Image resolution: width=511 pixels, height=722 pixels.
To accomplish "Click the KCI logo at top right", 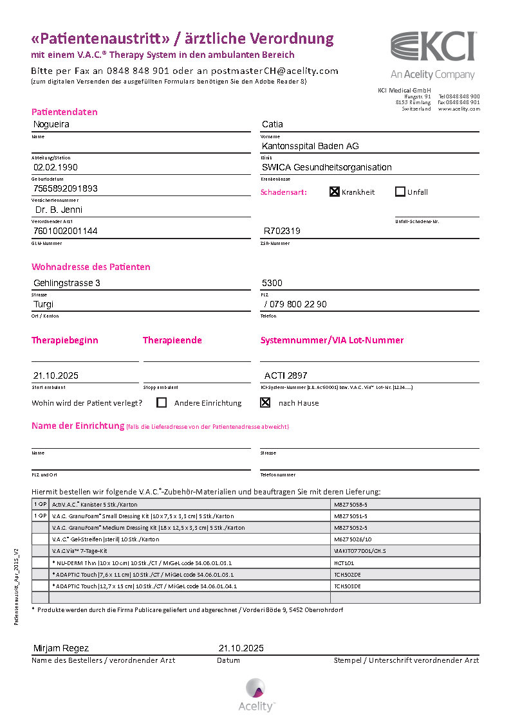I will click(433, 47).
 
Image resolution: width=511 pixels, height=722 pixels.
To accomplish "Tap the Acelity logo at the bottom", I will click(256, 695).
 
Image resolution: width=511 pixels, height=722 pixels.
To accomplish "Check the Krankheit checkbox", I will click(335, 192).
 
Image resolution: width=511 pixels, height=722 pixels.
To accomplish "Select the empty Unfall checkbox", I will click(400, 192).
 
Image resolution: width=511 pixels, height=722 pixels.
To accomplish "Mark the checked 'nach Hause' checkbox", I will click(265, 403).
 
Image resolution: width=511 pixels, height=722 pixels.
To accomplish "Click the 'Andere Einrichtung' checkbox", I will click(162, 403).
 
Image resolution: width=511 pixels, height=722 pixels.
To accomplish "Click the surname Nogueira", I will click(51, 124).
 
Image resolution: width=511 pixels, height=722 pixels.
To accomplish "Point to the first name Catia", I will click(272, 124).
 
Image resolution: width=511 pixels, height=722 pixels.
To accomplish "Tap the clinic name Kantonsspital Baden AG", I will click(310, 146).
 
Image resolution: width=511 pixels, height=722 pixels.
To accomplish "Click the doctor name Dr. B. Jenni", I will click(59, 210).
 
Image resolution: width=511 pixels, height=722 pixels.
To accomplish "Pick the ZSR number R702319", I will click(282, 231).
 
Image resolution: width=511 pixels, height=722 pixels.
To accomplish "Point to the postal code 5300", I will click(272, 283).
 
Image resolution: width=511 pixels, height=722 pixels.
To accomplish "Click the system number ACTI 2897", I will click(286, 375).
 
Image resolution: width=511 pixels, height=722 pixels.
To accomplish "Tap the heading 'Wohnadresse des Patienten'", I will click(91, 267).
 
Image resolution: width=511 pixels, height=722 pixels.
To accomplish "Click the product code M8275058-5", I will click(350, 505).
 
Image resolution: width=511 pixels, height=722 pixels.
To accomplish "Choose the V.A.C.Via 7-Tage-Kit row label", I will click(79, 551).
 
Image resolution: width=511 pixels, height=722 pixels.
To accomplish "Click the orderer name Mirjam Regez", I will click(60, 648).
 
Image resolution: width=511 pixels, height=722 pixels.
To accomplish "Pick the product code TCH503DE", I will click(348, 586).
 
